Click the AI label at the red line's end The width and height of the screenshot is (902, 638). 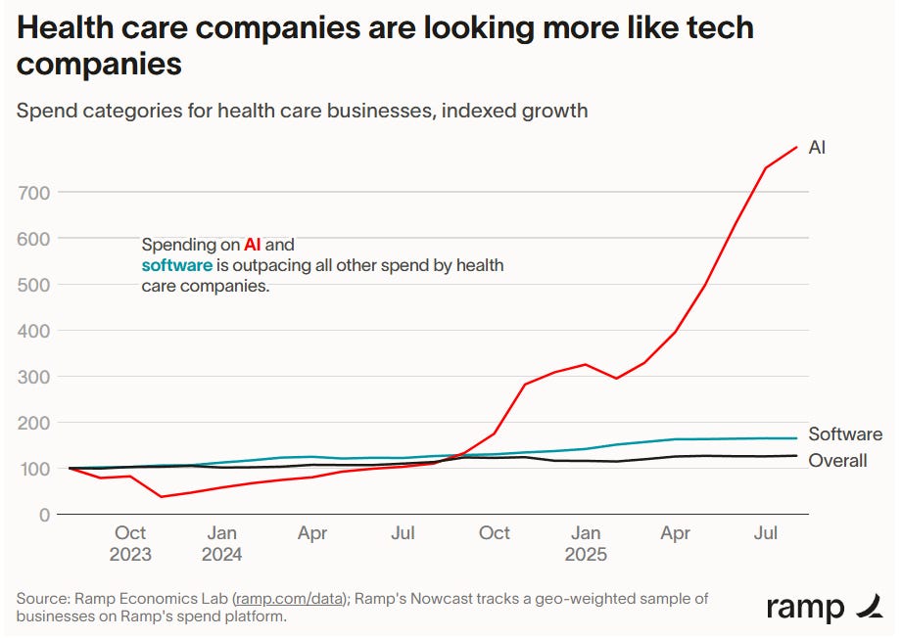tap(817, 148)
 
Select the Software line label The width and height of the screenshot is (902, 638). tap(844, 434)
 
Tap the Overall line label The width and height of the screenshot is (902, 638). tap(837, 460)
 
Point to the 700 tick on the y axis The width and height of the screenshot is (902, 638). tap(33, 193)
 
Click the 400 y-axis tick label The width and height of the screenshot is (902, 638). tap(33, 331)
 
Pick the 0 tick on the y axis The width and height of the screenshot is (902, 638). tap(43, 515)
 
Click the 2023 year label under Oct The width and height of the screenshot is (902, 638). tap(130, 554)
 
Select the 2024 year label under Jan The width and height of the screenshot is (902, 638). tap(221, 554)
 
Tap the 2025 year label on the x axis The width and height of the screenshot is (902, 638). tap(586, 554)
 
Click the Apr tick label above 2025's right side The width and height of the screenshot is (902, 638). tap(676, 533)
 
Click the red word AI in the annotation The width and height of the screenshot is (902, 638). tap(253, 245)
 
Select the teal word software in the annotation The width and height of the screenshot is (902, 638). tap(177, 265)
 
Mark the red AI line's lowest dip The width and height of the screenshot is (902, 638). tap(161, 497)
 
